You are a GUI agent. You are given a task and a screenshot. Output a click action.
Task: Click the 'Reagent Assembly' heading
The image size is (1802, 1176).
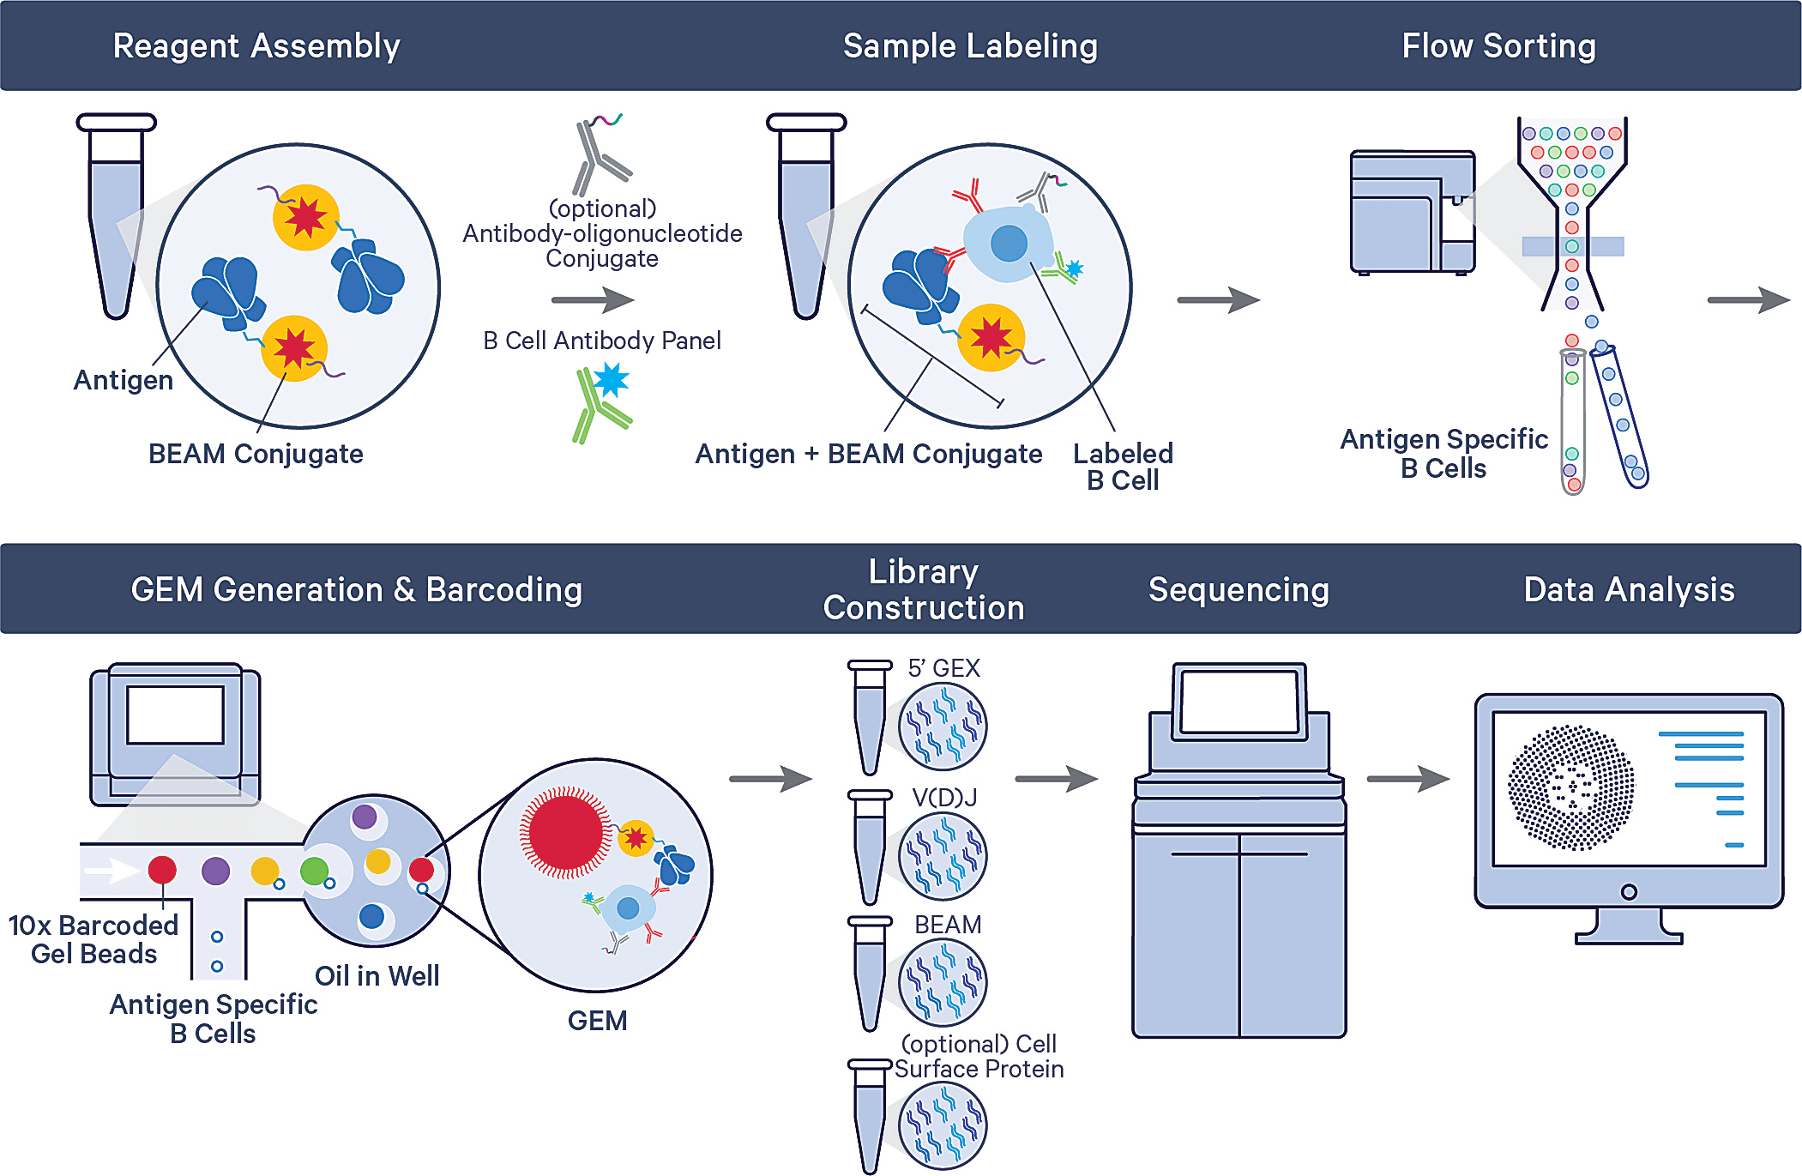[256, 45]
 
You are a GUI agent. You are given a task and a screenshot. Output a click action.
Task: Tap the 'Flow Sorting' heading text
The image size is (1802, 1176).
[1498, 45]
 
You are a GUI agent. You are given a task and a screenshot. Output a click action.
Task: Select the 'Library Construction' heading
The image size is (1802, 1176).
[924, 589]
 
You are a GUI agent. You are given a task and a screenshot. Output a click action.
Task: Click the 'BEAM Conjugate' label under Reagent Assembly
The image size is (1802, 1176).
[256, 454]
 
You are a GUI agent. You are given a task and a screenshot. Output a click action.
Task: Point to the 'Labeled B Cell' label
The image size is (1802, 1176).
[1123, 467]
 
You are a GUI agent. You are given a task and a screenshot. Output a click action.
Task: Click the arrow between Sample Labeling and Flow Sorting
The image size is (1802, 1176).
[1218, 300]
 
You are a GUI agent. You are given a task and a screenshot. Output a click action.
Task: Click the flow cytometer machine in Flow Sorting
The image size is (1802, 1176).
[1412, 213]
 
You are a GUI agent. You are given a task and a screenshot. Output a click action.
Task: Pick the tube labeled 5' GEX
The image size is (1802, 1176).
[870, 716]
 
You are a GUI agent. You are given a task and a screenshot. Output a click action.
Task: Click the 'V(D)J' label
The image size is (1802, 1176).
[944, 798]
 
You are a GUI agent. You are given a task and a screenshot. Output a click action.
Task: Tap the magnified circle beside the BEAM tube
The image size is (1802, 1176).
[943, 982]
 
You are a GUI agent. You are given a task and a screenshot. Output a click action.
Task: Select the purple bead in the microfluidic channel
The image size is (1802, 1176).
[215, 871]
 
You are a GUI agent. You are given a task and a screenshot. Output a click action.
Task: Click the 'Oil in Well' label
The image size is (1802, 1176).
[377, 976]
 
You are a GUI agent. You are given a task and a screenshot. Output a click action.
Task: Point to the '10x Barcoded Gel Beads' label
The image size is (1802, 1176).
[93, 939]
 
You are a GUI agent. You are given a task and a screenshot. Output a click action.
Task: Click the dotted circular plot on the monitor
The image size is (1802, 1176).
[1570, 787]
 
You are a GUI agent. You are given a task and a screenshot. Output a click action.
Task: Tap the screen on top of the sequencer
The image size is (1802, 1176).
[1238, 702]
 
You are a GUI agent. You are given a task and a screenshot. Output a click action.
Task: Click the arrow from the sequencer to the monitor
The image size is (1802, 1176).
[1407, 779]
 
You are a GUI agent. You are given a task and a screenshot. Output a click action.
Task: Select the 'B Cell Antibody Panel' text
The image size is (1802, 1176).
[601, 341]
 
